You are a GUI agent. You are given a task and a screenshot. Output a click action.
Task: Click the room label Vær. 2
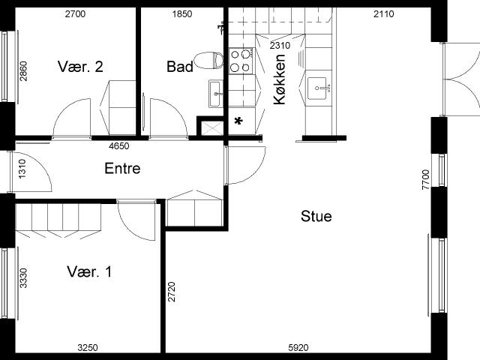click(80, 67)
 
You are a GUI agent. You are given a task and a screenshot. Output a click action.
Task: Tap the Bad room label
click(180, 67)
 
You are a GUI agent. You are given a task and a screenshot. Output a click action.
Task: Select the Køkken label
click(280, 79)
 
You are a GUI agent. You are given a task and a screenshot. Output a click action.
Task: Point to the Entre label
click(122, 168)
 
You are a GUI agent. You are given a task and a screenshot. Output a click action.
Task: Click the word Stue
click(316, 216)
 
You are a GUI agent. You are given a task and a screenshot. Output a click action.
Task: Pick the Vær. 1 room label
click(89, 271)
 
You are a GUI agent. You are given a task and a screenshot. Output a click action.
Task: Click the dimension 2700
click(75, 14)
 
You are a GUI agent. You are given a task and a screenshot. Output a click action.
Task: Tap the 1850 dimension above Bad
click(182, 14)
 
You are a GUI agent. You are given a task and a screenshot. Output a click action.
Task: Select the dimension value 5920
click(298, 348)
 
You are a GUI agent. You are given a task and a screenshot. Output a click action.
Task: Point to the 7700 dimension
click(426, 180)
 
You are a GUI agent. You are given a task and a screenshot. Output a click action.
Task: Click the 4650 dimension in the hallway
click(119, 146)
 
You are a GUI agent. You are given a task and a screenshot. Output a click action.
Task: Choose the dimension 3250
click(88, 348)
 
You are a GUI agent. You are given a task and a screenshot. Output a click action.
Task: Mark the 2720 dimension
click(172, 292)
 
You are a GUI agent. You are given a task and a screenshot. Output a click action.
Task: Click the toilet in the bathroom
click(209, 60)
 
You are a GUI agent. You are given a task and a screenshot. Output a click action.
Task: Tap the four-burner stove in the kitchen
click(241, 61)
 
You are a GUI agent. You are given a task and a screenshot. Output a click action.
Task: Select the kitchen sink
click(316, 88)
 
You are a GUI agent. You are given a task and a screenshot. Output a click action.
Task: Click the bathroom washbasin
click(216, 94)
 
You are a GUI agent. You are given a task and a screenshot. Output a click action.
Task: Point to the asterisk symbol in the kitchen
click(238, 121)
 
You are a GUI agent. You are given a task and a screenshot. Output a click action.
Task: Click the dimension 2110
click(384, 14)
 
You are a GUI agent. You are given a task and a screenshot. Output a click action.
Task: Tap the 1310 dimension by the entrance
click(22, 169)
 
